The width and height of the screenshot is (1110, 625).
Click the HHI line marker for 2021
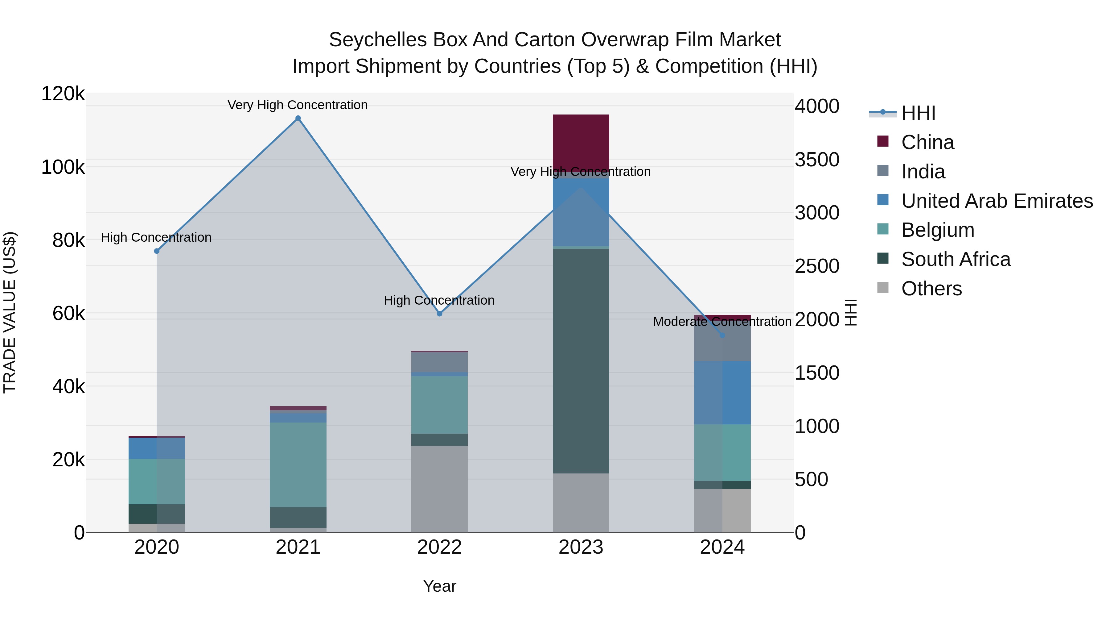[x=298, y=118]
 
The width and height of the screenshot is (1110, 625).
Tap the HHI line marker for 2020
[x=157, y=251]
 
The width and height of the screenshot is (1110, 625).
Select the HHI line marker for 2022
[x=439, y=314]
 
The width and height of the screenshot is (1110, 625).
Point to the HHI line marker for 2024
[x=722, y=335]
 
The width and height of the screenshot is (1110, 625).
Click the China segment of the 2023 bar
[x=581, y=142]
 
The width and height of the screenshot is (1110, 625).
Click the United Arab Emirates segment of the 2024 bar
[x=722, y=393]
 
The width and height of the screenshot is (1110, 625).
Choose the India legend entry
[x=923, y=172]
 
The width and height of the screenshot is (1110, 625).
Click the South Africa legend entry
[x=956, y=259]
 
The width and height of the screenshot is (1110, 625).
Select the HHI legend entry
[x=918, y=113]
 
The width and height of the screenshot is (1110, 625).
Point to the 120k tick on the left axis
[x=63, y=94]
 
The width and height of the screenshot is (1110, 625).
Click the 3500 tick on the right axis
[x=816, y=160]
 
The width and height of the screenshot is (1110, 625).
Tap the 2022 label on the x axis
[x=439, y=547]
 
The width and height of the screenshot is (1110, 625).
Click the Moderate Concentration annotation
[x=722, y=322]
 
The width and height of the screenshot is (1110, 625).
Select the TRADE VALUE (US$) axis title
[x=10, y=312]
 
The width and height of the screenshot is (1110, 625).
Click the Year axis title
[x=439, y=586]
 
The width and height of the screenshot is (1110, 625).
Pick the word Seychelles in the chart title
[x=377, y=40]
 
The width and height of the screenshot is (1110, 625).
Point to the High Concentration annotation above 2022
[x=439, y=300]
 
